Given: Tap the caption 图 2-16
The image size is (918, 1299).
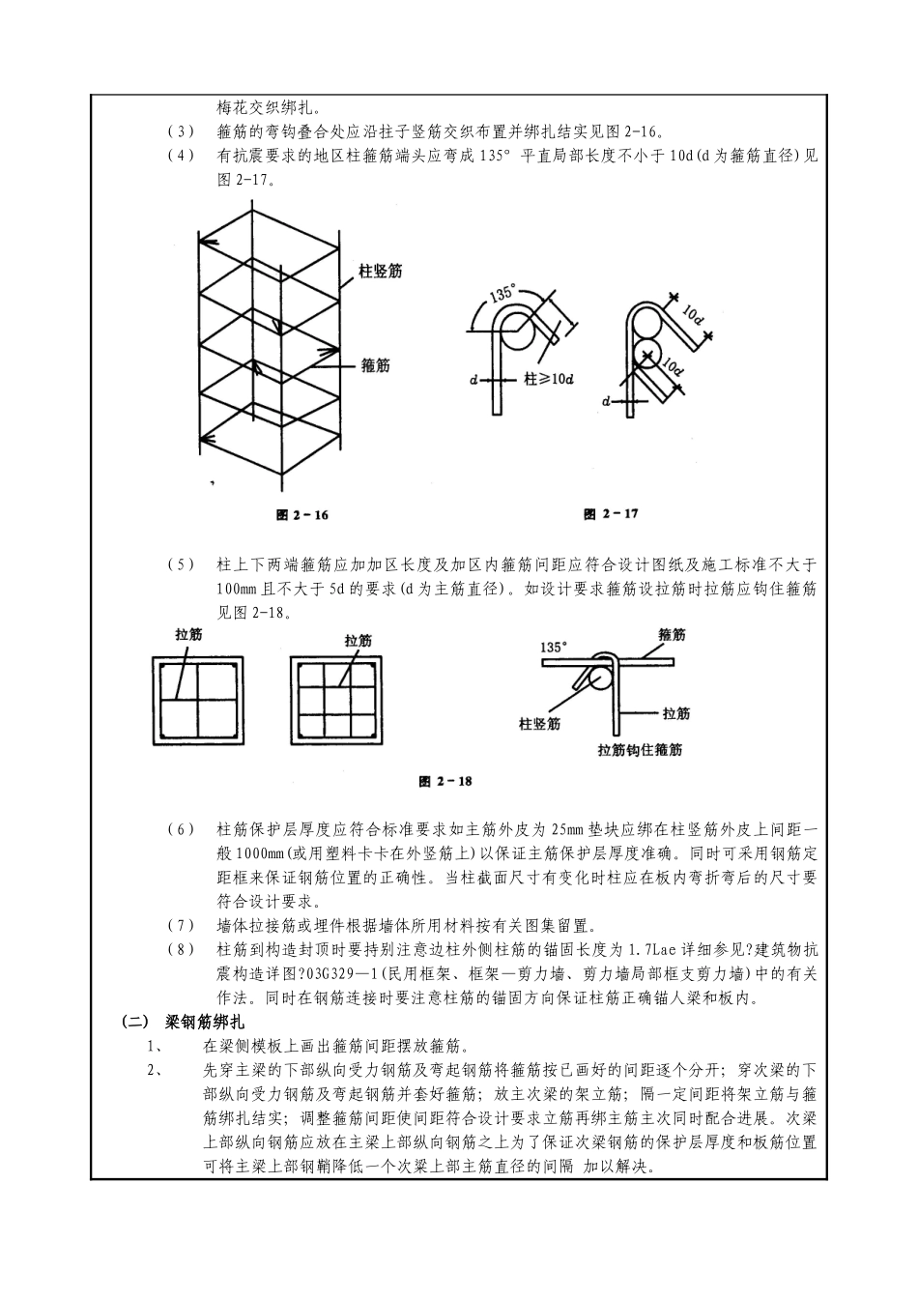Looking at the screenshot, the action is pos(301,515).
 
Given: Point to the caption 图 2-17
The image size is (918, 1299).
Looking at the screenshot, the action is pos(611,514).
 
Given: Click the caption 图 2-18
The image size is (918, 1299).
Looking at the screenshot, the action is pos(445,781).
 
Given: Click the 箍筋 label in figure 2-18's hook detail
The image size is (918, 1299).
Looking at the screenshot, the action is pos(672,635).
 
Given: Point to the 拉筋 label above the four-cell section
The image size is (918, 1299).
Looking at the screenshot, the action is pos(188,634).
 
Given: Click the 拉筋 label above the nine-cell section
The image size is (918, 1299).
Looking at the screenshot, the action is pos(358,640).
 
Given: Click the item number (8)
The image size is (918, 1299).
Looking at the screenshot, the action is pos(181,950).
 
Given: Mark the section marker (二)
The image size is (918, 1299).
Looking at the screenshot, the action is pos(134,1021).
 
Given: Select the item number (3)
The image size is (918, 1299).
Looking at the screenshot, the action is pos(181,131).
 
